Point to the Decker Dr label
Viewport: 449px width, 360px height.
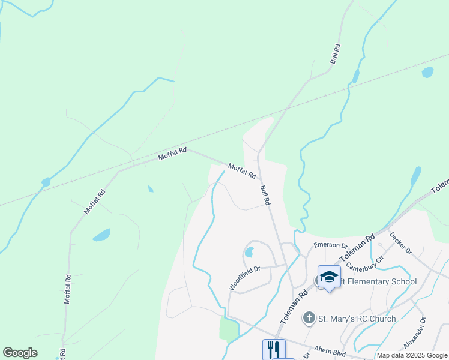(400, 242)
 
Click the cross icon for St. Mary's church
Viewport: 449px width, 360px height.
(309, 318)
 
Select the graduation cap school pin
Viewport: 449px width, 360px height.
(329, 277)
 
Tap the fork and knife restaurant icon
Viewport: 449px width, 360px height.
(274, 350)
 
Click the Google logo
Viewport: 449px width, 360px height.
(20, 353)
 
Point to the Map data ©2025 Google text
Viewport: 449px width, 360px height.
(412, 355)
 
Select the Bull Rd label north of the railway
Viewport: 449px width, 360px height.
(336, 54)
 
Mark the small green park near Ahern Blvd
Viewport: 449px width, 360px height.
(229, 329)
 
